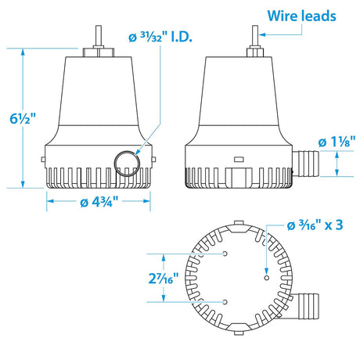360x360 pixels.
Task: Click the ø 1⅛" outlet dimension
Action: (x=333, y=141)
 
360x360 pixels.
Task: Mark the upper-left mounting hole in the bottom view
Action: (x=225, y=254)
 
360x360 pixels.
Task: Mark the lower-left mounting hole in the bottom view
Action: (x=225, y=301)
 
